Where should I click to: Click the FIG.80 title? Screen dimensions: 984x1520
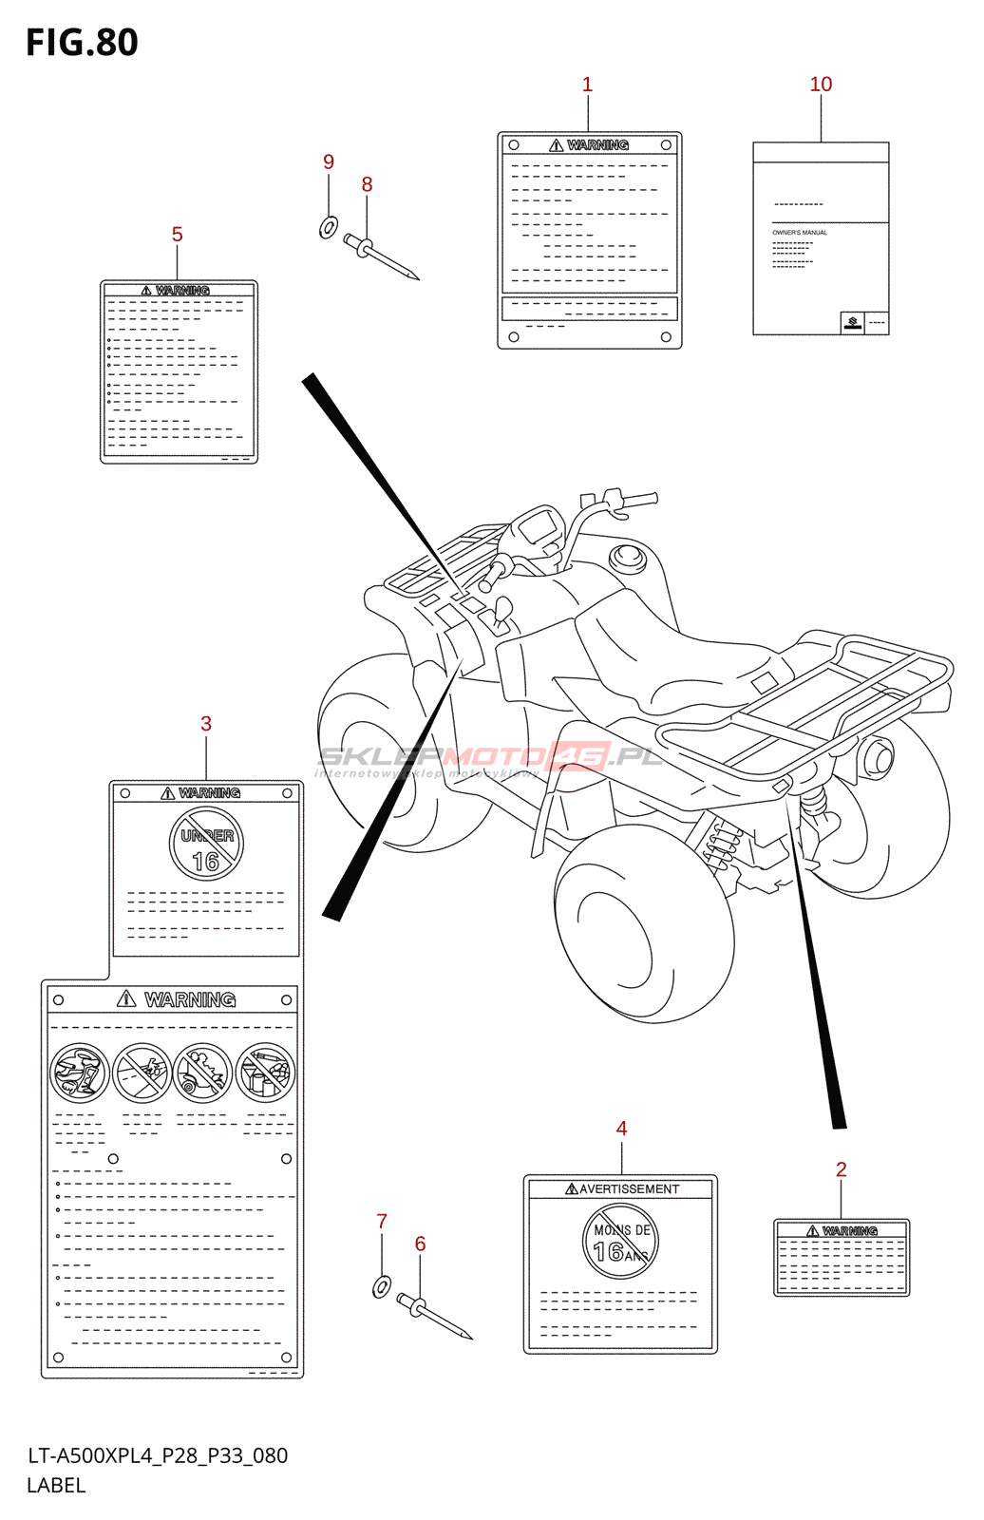point(82,43)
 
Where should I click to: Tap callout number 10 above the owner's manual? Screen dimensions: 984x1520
point(821,85)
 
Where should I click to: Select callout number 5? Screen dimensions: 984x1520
point(177,235)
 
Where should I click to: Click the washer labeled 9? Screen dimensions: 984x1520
point(329,228)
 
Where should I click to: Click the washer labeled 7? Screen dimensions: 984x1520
point(381,1287)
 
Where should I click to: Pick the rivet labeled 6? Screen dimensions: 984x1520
point(433,1315)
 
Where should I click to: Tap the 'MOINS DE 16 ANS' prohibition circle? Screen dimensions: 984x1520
point(620,1242)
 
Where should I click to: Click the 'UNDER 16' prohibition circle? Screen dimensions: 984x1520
point(206,845)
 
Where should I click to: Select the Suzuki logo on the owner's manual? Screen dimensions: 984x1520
point(852,323)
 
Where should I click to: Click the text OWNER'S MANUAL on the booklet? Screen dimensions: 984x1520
point(800,233)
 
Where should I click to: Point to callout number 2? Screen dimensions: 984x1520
point(841,1169)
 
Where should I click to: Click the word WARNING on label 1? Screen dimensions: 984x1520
point(597,145)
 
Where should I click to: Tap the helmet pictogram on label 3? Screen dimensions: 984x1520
point(80,1073)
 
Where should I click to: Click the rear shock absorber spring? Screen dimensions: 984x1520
point(726,842)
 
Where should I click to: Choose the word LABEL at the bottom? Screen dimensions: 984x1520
point(56,1486)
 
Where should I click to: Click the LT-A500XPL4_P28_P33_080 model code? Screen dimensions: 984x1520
point(158,1455)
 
